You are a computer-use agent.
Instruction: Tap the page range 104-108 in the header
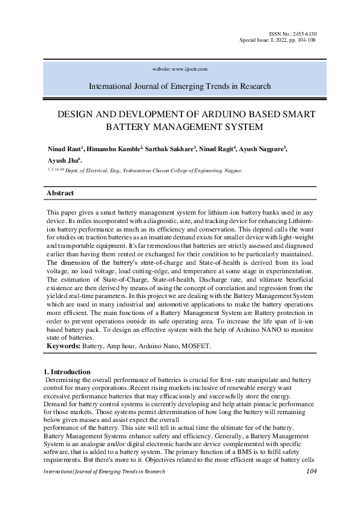[x=304, y=40]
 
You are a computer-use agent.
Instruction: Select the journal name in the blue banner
[x=180, y=86]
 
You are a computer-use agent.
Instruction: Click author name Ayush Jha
[x=63, y=161]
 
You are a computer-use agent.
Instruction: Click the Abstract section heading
[x=61, y=193]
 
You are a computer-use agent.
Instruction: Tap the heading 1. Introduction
[x=68, y=371]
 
